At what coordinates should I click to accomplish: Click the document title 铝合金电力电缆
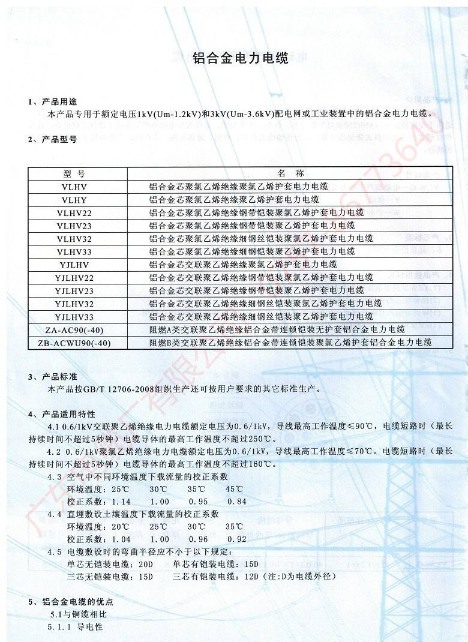[x=240, y=59]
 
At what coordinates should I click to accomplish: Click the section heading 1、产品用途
[x=52, y=101]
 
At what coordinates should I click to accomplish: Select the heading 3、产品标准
[x=52, y=377]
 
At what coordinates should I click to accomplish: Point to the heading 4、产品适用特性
[x=61, y=415]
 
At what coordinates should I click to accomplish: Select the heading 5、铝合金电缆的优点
[x=70, y=602]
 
